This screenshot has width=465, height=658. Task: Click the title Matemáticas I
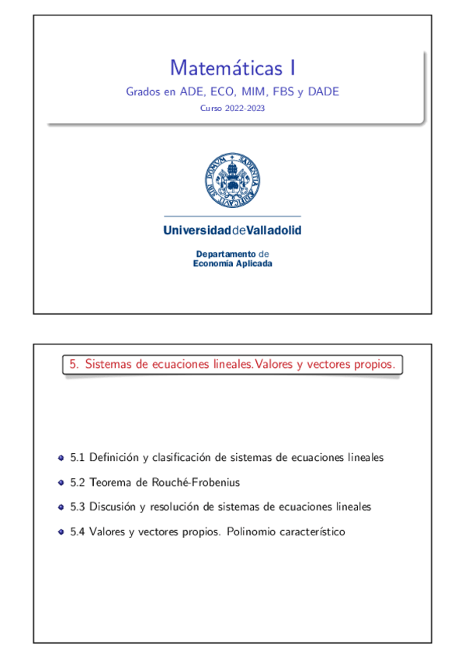[x=232, y=68]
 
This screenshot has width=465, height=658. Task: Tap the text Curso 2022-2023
[x=232, y=109]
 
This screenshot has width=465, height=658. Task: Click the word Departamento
[x=225, y=254]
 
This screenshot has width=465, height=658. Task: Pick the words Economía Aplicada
[x=232, y=263]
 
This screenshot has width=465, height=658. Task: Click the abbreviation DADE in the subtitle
[x=323, y=92]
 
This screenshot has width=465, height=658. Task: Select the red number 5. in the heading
[x=75, y=363]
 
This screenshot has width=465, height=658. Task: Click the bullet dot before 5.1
[x=61, y=458]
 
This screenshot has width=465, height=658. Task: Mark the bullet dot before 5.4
[x=61, y=532]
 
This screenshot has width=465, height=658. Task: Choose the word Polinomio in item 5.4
[x=250, y=532]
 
